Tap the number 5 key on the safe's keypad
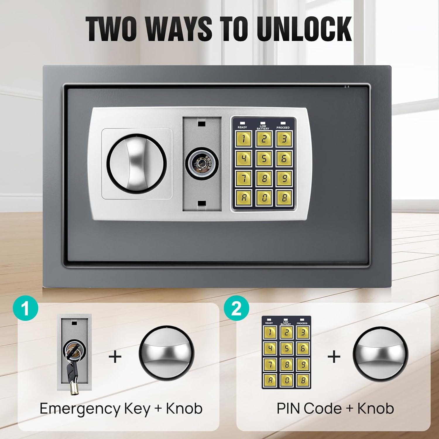pos(264,159)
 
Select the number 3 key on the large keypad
pos(284,139)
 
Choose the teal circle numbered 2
pos(236,308)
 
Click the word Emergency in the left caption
pos(80,409)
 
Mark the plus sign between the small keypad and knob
pos(334,357)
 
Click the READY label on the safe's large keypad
pos(242,127)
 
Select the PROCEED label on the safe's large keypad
pos(283,128)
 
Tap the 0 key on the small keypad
pos(286,380)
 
